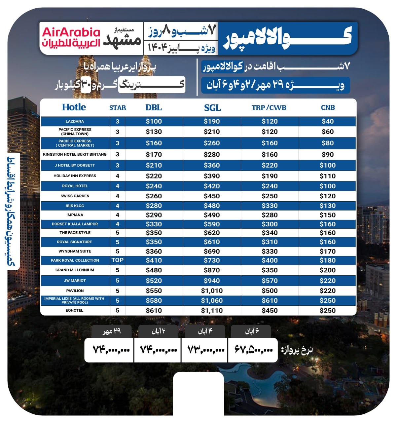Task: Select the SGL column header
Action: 212,108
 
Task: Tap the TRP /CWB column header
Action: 269,108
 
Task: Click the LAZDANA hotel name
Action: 75,121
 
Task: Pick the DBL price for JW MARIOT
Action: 154,281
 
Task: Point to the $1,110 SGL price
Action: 212,311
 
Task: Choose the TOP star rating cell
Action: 117,260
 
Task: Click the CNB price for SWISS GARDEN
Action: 327,196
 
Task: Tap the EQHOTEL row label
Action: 75,311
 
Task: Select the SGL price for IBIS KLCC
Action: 212,206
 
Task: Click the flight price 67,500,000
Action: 254,349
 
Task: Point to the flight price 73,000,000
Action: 206,349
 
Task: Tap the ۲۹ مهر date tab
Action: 112,331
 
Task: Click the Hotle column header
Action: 74,107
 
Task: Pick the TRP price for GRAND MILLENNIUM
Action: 270,270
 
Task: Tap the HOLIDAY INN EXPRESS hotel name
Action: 75,176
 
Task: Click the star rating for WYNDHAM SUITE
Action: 117,251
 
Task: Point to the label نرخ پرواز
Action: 297,350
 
